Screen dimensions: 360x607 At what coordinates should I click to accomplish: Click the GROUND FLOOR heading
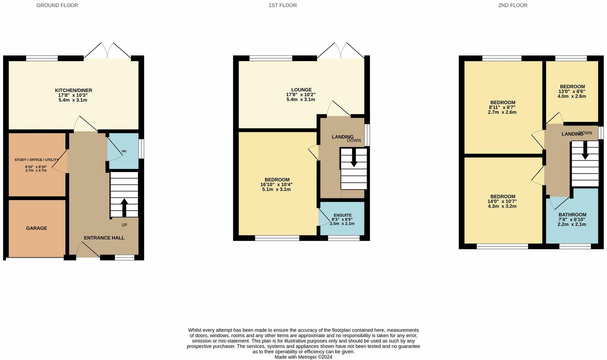[57, 5]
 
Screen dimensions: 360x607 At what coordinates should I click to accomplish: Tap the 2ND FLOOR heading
[513, 5]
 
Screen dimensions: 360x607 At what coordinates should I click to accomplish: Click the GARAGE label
[37, 228]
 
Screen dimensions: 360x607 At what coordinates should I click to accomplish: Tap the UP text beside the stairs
[124, 225]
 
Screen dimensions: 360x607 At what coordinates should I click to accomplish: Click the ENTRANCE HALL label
[104, 238]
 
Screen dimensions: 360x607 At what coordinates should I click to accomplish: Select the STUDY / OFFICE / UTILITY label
[37, 160]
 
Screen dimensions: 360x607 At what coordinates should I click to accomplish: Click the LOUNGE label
[301, 90]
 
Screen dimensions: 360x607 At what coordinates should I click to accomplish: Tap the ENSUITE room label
[342, 215]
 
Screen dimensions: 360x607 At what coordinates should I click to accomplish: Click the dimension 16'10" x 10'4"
[277, 184]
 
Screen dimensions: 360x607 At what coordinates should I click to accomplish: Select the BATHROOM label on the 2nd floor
[572, 214]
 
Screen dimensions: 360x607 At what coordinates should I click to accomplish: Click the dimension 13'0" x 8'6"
[572, 91]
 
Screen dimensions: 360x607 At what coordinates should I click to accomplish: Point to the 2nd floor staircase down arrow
[585, 152]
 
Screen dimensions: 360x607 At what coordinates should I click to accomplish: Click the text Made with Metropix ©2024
[303, 357]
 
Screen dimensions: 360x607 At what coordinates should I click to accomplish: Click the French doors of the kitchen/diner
[107, 52]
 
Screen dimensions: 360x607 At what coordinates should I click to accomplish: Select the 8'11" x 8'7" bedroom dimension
[502, 107]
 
